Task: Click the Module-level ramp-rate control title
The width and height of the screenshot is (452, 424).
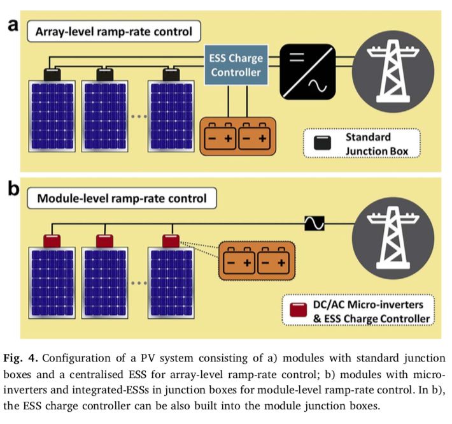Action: (121, 198)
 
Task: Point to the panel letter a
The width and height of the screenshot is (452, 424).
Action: (13, 26)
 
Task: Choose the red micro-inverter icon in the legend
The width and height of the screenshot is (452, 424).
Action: (296, 309)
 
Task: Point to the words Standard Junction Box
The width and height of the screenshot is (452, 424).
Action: (368, 143)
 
